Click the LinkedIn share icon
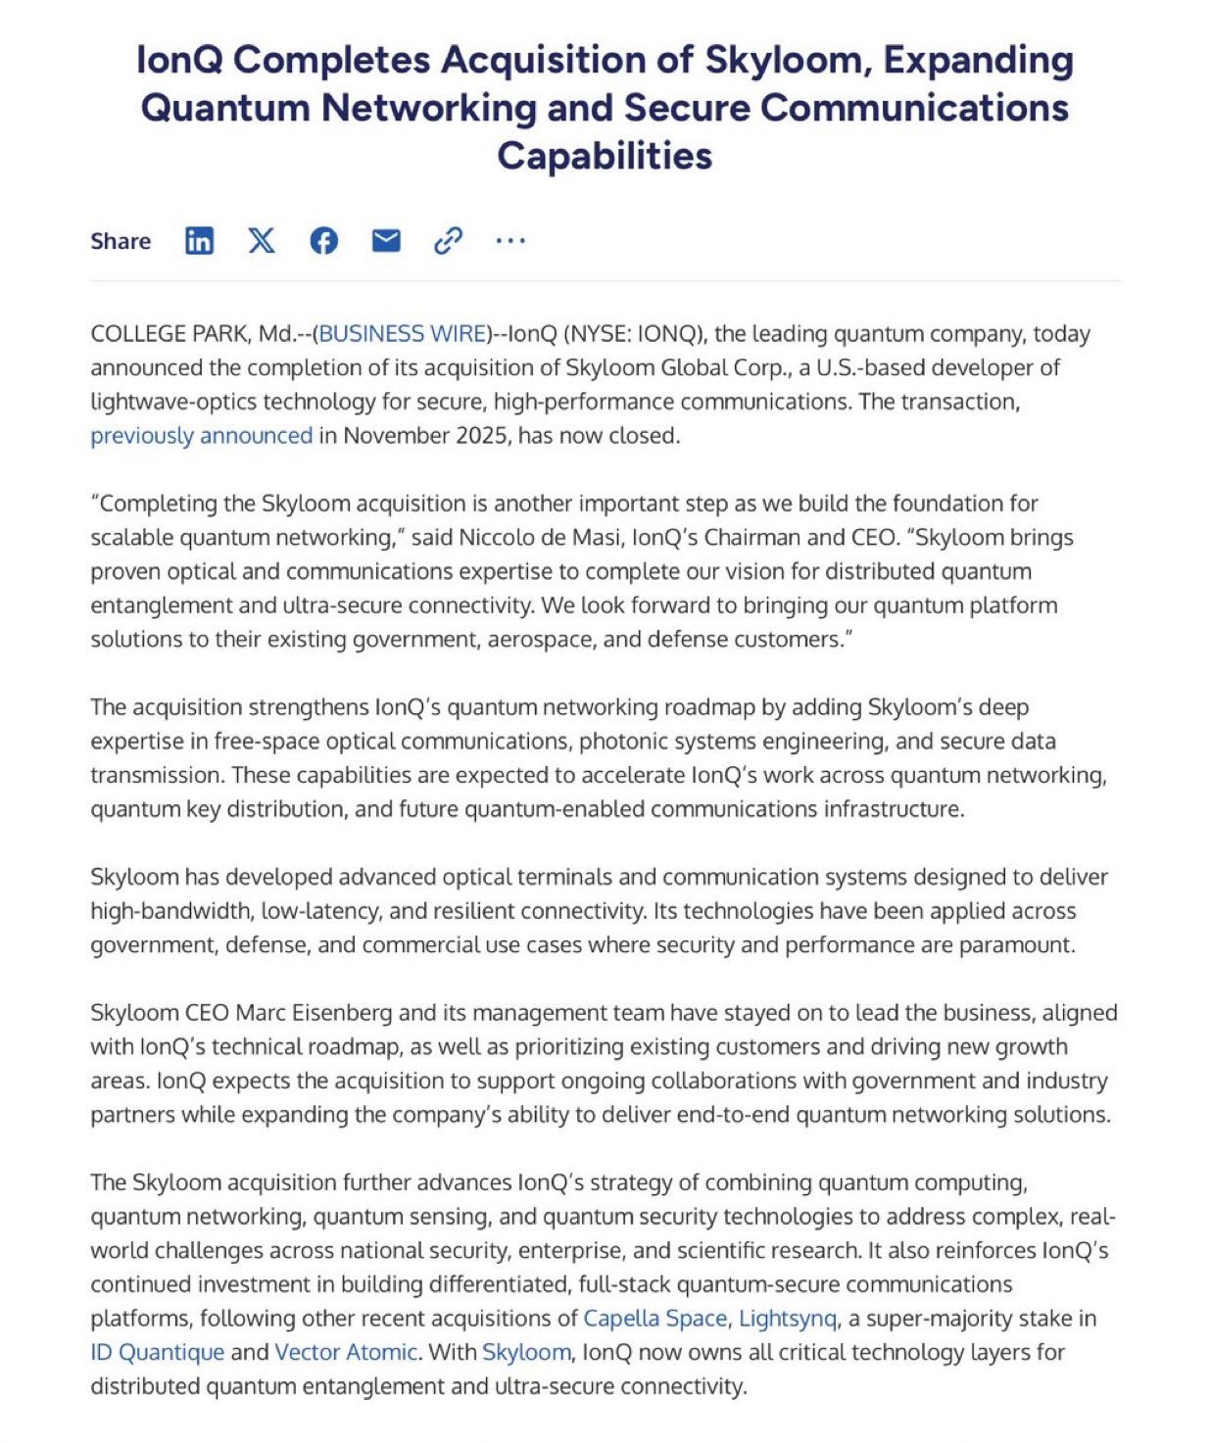[x=199, y=240]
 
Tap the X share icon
[x=262, y=240]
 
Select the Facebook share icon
[x=324, y=240]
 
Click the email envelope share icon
[x=386, y=240]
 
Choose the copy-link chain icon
[x=448, y=240]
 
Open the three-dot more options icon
[x=510, y=240]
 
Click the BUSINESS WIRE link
[x=403, y=334]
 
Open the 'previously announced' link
[x=201, y=436]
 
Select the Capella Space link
[x=654, y=1319]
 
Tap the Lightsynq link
[x=787, y=1319]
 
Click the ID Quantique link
[x=157, y=1353]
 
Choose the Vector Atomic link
[x=346, y=1353]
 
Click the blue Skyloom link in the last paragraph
[x=526, y=1353]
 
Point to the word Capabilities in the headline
[x=605, y=156]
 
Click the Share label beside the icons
[x=121, y=241]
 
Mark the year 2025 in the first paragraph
[x=480, y=436]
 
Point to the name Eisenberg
[x=340, y=1013]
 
